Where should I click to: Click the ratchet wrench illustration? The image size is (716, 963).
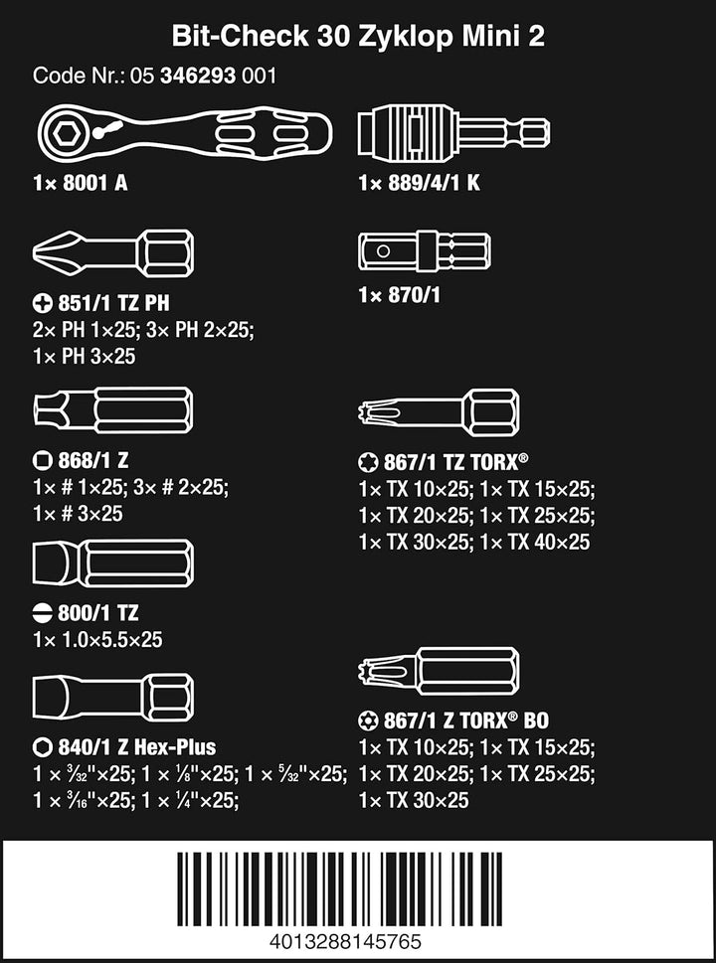[x=184, y=130]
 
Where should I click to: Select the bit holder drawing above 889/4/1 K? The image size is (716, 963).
[x=453, y=130]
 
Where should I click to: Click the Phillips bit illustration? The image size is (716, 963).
[x=113, y=252]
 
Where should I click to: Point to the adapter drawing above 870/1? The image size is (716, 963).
[x=424, y=251]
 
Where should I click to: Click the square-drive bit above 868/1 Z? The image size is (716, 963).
[x=113, y=409]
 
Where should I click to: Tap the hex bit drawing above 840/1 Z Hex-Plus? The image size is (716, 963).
[x=113, y=697]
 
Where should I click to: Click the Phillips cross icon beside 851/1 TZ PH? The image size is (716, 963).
[x=41, y=302]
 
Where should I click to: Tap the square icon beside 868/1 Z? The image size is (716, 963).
[x=41, y=459]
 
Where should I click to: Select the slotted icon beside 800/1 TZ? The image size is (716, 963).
[x=41, y=612]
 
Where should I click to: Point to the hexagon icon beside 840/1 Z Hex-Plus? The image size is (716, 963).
[x=41, y=747]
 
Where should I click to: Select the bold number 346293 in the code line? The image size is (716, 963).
[x=200, y=77]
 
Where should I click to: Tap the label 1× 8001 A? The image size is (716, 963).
[x=81, y=183]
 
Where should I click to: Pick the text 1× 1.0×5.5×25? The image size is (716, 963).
[x=97, y=640]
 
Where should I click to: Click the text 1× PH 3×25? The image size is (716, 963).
[x=85, y=356]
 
